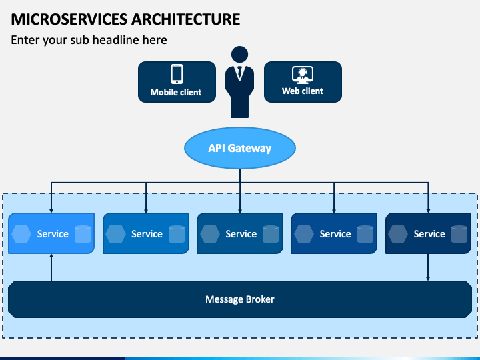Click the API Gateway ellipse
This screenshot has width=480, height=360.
pos(240,148)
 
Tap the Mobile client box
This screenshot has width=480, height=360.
pos(177,82)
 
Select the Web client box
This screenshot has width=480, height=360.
pos(303,82)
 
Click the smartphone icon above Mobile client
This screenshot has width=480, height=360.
pos(177,74)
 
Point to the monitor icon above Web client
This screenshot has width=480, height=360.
pos(303,75)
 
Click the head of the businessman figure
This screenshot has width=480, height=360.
pos(240,55)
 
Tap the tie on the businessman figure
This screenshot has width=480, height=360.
pos(240,72)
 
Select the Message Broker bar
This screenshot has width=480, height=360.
pos(240,299)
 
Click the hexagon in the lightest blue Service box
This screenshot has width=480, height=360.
pos(21,234)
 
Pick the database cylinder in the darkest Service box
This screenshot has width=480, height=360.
pos(459,234)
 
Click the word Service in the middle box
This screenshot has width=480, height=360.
pos(241,234)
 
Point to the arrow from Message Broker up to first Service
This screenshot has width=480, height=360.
pos(51,267)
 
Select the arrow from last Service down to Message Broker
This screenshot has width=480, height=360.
pos(428,267)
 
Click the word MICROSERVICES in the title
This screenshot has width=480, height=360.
pos(69,19)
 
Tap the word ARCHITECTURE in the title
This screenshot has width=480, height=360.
pos(186,19)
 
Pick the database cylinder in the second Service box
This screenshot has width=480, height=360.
pos(177,234)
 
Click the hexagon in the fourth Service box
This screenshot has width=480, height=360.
pos(304,234)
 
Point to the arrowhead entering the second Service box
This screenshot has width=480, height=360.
pos(146,211)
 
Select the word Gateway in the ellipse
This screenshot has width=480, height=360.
pos(249,149)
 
